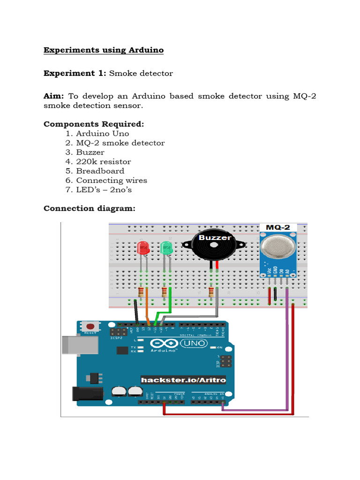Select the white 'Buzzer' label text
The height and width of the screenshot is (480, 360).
pyautogui.click(x=215, y=238)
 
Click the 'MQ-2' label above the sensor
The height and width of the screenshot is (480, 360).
pyautogui.click(x=278, y=227)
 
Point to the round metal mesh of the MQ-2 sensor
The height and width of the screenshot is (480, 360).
pyautogui.click(x=278, y=247)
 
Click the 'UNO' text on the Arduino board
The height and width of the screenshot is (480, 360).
pyautogui.click(x=197, y=344)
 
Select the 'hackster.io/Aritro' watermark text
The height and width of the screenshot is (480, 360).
pyautogui.click(x=183, y=379)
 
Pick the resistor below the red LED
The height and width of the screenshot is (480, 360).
pyautogui.click(x=141, y=293)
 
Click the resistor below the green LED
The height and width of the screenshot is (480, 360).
pyautogui.click(x=164, y=293)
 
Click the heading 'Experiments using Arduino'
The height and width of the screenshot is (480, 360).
pyautogui.click(x=104, y=50)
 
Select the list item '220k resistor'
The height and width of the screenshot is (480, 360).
pyautogui.click(x=104, y=162)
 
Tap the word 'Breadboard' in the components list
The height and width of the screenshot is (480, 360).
pyautogui.click(x=100, y=171)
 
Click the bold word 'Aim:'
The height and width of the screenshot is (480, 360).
pyautogui.click(x=54, y=96)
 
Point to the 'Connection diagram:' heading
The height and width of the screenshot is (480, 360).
pyautogui.click(x=89, y=208)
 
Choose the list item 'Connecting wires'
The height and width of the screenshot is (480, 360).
pyautogui.click(x=112, y=180)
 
